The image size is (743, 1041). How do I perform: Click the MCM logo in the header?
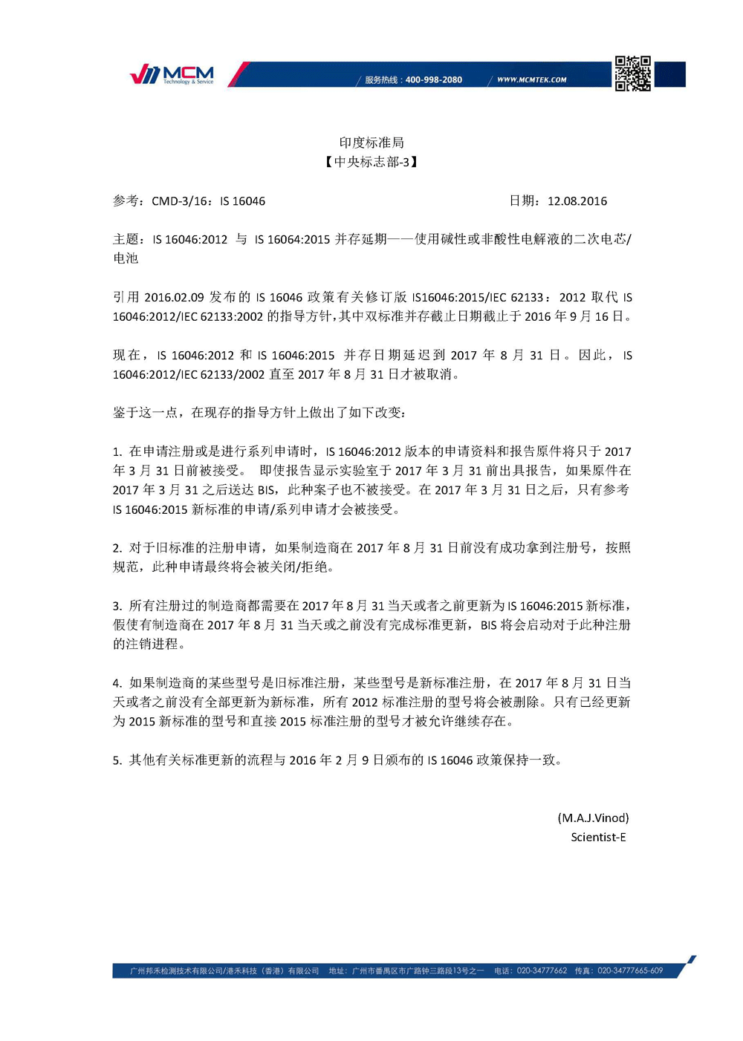(172, 74)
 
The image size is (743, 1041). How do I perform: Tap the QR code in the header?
(632, 74)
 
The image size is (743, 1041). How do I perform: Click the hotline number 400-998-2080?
(434, 79)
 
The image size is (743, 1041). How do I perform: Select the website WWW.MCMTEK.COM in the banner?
(532, 79)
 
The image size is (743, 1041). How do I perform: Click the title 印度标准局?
(371, 143)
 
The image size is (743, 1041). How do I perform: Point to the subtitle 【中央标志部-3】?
(371, 162)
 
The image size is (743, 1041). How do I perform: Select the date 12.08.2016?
(577, 201)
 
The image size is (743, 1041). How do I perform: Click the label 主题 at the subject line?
(126, 239)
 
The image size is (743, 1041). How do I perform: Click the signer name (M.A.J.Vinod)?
(593, 818)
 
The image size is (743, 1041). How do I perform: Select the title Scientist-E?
(598, 837)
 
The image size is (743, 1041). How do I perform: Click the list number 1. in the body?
(117, 451)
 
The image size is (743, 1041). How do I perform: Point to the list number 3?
(117, 606)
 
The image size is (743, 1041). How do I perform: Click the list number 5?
(117, 760)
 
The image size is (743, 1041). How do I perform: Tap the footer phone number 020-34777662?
(542, 970)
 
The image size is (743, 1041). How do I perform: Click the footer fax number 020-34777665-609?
(630, 970)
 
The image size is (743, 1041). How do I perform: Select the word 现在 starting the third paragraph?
(126, 355)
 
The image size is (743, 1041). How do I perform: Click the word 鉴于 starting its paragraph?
(126, 413)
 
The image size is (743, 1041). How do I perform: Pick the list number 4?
(117, 683)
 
